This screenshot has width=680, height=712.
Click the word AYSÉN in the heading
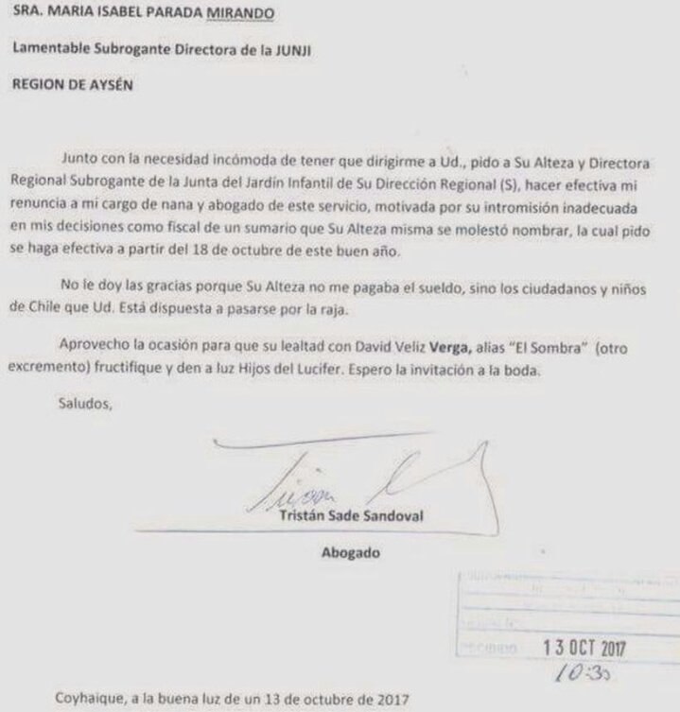click(109, 82)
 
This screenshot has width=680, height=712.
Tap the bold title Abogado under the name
click(349, 553)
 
